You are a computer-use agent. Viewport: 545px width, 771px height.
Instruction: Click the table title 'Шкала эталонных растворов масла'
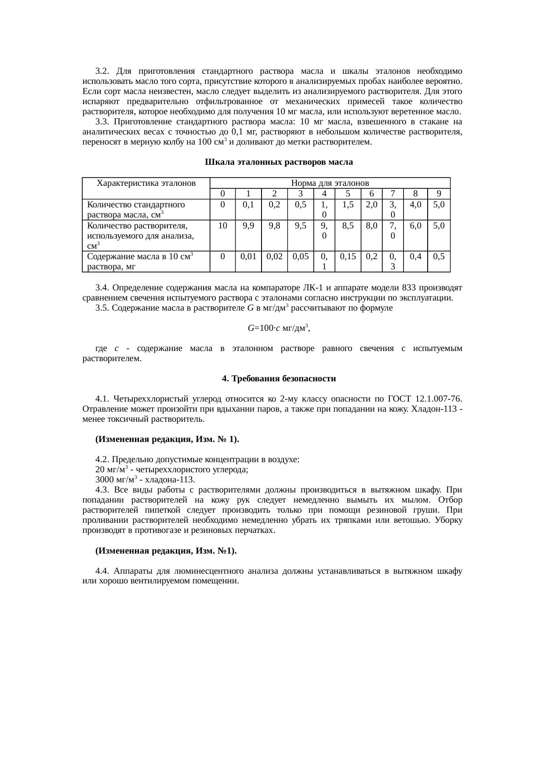[x=279, y=162]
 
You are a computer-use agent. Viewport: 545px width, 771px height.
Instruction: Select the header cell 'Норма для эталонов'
[x=330, y=183]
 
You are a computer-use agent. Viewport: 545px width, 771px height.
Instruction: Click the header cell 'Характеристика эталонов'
[x=146, y=183]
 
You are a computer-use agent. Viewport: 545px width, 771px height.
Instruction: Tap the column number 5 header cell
[x=348, y=194]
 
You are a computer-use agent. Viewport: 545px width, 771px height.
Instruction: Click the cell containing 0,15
[x=348, y=256]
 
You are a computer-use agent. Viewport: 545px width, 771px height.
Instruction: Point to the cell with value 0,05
[x=300, y=256]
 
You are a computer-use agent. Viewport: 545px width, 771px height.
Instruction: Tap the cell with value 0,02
[x=274, y=256]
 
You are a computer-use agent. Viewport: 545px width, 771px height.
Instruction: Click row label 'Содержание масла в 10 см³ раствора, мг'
[x=141, y=261]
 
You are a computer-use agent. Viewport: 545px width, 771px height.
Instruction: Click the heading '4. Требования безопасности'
[x=279, y=378]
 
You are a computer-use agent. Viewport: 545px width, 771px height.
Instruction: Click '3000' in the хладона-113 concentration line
[x=105, y=479]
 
